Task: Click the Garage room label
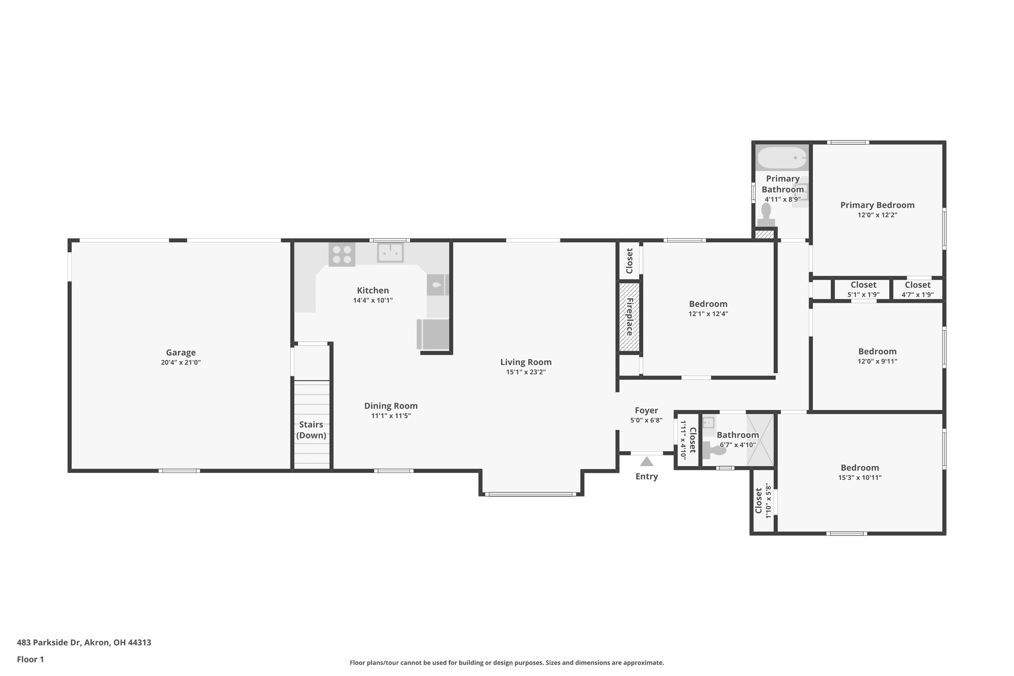coord(181,353)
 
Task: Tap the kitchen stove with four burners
coord(342,255)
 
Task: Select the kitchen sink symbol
coord(391,253)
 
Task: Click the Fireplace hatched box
coord(629,317)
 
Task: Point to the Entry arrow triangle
coord(646,462)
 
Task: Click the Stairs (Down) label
coord(311,430)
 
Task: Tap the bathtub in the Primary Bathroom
coord(782,158)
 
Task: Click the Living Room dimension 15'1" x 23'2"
coord(525,372)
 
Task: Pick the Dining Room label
coord(391,406)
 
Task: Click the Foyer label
coord(646,411)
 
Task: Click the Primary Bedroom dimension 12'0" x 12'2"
coord(877,215)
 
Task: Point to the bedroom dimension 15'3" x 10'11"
coord(860,478)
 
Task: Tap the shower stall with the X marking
coord(760,439)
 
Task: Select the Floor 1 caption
coord(30,660)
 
